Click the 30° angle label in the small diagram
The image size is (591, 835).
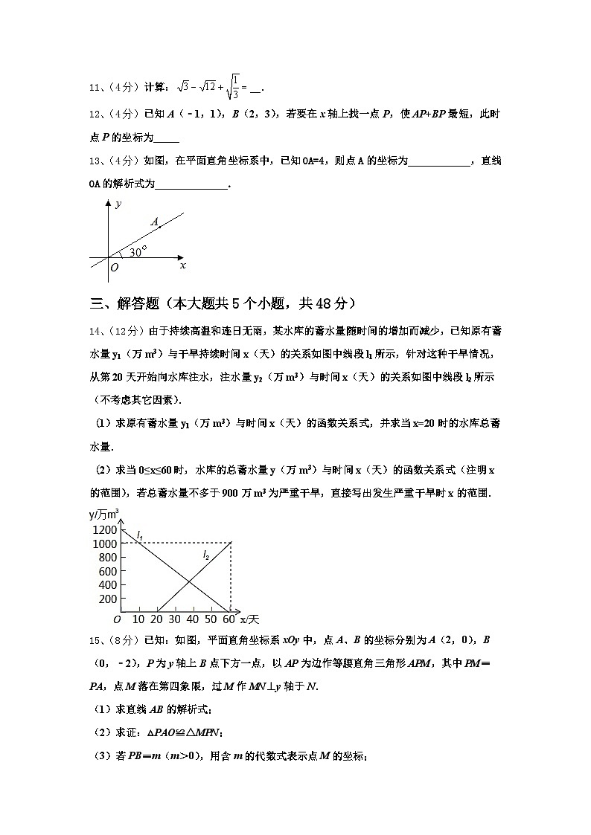pyautogui.click(x=138, y=252)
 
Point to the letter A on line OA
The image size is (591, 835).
pyautogui.click(x=154, y=222)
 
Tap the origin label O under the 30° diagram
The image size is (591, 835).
pyautogui.click(x=114, y=268)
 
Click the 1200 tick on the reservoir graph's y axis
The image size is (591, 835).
pyautogui.click(x=103, y=529)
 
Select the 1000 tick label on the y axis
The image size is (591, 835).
pyautogui.click(x=103, y=544)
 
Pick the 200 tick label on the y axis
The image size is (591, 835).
pyautogui.click(x=107, y=599)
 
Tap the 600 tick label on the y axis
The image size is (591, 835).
pyautogui.click(x=107, y=571)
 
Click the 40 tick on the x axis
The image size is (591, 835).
pyautogui.click(x=193, y=619)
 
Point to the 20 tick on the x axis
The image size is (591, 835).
pyautogui.click(x=156, y=619)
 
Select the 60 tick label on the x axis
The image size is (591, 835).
pyautogui.click(x=229, y=619)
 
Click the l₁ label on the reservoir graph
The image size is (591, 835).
pyautogui.click(x=139, y=535)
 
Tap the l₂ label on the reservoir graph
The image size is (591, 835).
pyautogui.click(x=205, y=555)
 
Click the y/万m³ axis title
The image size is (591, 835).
pyautogui.click(x=104, y=515)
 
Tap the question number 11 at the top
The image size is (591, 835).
pyautogui.click(x=94, y=88)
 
